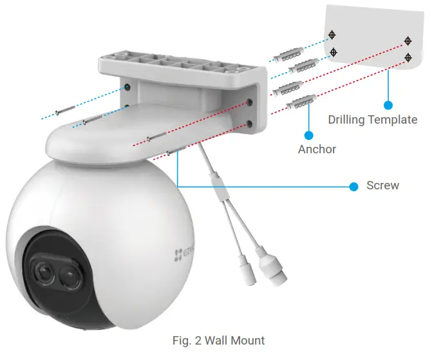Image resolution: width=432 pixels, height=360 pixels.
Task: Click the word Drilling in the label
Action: pos(348,120)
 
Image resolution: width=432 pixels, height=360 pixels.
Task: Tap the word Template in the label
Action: pos(393,120)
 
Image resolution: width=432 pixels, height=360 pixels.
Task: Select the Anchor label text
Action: pos(317,149)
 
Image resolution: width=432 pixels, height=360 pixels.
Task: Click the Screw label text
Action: pos(382,186)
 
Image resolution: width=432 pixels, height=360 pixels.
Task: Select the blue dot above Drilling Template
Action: pos(388,104)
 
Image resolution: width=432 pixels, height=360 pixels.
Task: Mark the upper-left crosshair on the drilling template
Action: pos(332,34)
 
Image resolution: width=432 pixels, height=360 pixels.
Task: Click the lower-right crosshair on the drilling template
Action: pos(408,57)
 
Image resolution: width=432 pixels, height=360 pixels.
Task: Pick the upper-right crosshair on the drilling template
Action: pos(408,41)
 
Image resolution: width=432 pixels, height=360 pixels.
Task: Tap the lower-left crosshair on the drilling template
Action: pos(332,52)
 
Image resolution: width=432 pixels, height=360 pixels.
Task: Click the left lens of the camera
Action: pos(42,274)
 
